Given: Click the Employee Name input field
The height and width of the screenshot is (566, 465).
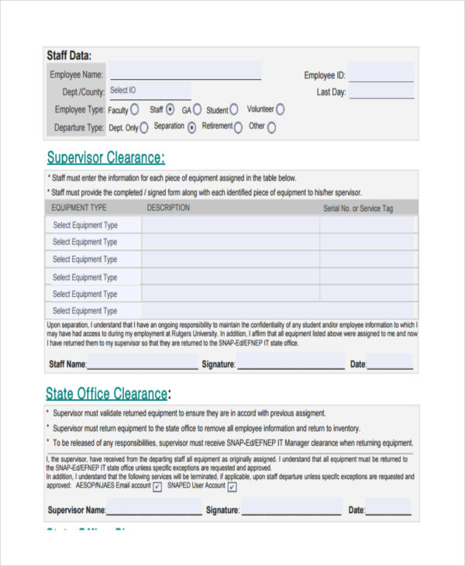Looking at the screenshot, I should point(185,72).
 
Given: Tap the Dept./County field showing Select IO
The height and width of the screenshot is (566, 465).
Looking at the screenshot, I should point(149,91).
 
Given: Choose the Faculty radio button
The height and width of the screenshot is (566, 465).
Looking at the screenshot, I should point(135,110).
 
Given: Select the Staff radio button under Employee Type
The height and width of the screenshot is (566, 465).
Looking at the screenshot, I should point(170,110).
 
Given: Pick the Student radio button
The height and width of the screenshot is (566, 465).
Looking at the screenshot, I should point(234,110).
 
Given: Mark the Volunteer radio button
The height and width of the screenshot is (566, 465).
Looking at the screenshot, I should point(280,110).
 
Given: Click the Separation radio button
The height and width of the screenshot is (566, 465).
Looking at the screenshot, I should point(191,128).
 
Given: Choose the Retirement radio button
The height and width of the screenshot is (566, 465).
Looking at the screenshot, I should point(238,128).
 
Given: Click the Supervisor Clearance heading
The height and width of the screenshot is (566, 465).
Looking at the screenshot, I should point(105,158).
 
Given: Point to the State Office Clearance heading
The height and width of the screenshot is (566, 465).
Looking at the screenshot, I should point(106,393).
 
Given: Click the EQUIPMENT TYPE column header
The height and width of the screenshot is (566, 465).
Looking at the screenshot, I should point(79,208).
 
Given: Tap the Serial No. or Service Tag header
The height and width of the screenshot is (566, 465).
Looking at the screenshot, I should point(358,209).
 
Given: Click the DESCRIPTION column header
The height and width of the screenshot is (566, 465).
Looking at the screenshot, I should point(168,208).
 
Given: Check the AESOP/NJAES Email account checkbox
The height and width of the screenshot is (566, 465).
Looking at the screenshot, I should point(157,487).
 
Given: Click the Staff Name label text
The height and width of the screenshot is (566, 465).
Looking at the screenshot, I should point(67,364).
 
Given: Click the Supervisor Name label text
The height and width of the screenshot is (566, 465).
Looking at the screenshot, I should point(76,510).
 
